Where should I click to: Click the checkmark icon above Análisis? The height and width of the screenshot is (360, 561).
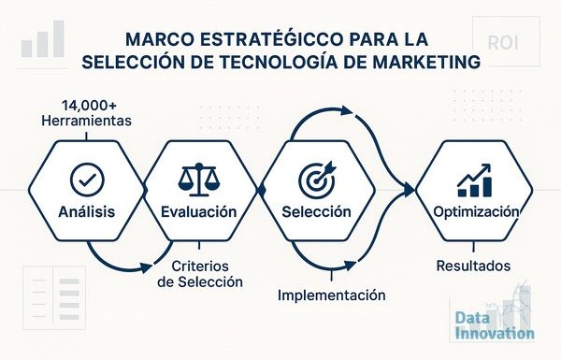[87, 180]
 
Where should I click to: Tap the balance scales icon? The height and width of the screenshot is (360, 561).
[199, 180]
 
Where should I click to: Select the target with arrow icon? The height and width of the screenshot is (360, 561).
[317, 180]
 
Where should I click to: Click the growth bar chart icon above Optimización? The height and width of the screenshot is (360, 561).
[474, 180]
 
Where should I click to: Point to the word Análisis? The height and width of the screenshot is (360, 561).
[87, 211]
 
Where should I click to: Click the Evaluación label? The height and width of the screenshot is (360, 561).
[199, 211]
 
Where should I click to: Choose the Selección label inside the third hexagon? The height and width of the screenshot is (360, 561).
[316, 211]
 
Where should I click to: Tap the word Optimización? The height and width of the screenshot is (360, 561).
[476, 212]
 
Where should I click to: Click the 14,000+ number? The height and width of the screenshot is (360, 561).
[89, 106]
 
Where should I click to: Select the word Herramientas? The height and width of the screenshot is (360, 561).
[87, 121]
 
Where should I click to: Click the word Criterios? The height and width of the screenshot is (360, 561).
[200, 266]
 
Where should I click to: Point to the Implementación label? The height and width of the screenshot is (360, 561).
[332, 295]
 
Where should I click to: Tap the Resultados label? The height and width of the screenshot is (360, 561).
[473, 266]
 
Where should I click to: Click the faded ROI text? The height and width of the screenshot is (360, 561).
[503, 43]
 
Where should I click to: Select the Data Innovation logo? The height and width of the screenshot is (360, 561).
[495, 324]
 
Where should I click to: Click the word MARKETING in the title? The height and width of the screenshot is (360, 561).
[426, 62]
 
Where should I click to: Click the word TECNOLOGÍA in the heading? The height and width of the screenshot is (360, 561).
[279, 62]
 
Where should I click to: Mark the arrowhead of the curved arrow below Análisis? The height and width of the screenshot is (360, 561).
[146, 267]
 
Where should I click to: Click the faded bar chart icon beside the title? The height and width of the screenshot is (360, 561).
[43, 38]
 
